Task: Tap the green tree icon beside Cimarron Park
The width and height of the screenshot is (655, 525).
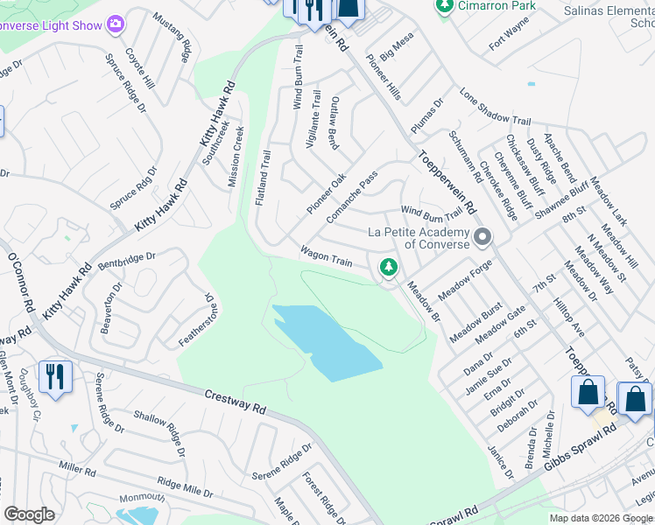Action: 445,6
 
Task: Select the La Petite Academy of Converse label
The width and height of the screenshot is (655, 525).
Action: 419,238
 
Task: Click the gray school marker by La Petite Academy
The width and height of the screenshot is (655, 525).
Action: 482,237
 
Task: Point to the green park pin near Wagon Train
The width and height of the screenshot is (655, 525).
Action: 387,267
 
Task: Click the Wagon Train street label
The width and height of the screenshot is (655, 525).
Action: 327,257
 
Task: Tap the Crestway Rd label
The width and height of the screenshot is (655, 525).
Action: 236,402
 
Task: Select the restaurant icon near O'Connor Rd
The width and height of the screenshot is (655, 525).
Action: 55,377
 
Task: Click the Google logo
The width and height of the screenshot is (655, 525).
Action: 30,514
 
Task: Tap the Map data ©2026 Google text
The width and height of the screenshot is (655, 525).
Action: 601,517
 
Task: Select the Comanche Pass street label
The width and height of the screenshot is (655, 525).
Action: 351,196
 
